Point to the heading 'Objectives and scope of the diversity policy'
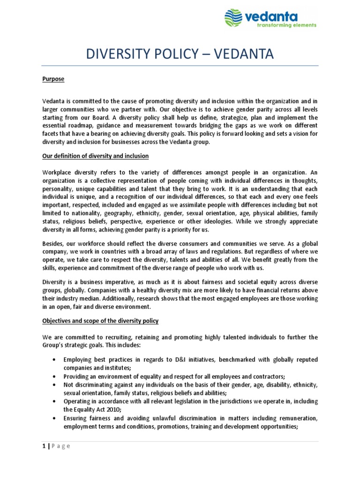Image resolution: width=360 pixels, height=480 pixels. [x=100, y=321]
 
